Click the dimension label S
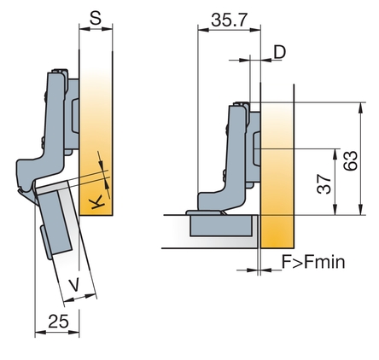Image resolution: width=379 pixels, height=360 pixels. (x=96, y=18)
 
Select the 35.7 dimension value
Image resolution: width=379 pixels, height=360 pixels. (x=229, y=20)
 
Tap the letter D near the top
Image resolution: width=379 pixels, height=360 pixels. (x=279, y=52)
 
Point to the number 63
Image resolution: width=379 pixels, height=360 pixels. (x=350, y=161)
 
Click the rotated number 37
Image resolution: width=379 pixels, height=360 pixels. (x=324, y=184)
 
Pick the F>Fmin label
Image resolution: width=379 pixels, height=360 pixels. (x=313, y=262)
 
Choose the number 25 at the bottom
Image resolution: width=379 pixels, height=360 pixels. (x=58, y=322)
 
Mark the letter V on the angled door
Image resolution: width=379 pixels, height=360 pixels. (x=74, y=285)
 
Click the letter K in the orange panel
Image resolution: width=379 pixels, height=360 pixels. (x=97, y=203)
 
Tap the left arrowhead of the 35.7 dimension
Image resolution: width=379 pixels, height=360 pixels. (x=203, y=29)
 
